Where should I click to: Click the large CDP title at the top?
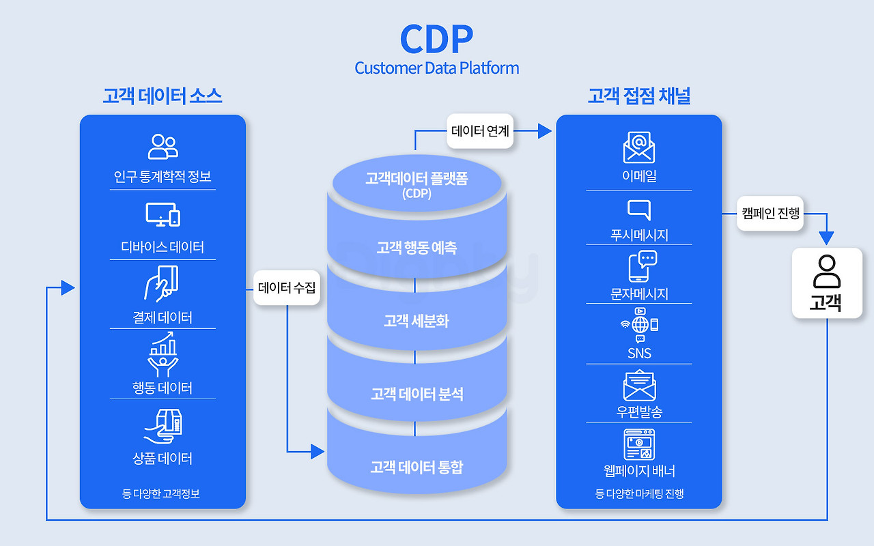tap(436, 39)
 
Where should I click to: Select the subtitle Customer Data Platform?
tap(436, 68)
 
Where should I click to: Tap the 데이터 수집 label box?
tap(287, 288)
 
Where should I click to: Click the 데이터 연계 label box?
tap(480, 130)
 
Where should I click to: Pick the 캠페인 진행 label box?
tap(770, 213)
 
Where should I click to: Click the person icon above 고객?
tap(826, 272)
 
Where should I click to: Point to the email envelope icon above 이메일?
tap(638, 148)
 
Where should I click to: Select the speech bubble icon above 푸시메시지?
tap(638, 210)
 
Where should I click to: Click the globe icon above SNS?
tap(640, 324)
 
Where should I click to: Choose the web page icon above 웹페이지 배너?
tap(638, 444)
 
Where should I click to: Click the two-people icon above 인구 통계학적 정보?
tap(163, 146)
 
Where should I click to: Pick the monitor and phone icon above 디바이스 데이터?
tap(163, 214)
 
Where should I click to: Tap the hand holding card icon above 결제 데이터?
tap(161, 282)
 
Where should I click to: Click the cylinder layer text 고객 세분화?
tap(417, 321)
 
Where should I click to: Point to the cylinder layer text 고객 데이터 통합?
tap(417, 468)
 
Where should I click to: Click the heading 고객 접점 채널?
tap(639, 96)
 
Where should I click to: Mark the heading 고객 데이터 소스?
tap(163, 96)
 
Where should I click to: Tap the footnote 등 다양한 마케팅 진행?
tap(639, 493)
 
